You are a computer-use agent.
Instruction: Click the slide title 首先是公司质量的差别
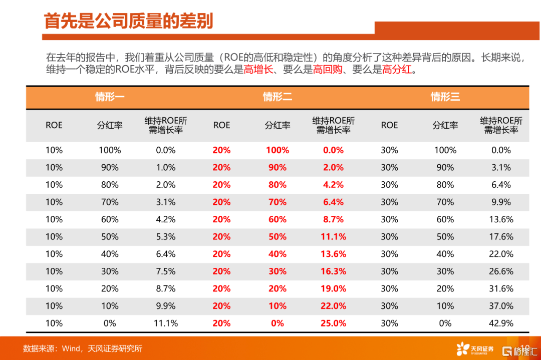[128, 21]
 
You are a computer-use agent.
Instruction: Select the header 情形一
[110, 97]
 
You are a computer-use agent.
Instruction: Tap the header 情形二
[278, 97]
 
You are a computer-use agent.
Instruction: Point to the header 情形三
[445, 97]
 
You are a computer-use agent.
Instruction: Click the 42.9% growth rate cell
[501, 323]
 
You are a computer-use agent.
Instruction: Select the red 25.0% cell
[334, 323]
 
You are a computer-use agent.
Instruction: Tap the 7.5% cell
[166, 271]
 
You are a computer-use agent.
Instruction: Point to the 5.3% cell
[166, 237]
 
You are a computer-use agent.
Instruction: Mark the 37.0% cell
[501, 306]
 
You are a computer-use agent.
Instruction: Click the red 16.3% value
[334, 271]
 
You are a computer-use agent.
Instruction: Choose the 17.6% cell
[501, 237]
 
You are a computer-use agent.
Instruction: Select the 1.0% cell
[166, 168]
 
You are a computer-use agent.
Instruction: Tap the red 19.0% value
[334, 289]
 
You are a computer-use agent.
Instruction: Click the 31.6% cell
[501, 289]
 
